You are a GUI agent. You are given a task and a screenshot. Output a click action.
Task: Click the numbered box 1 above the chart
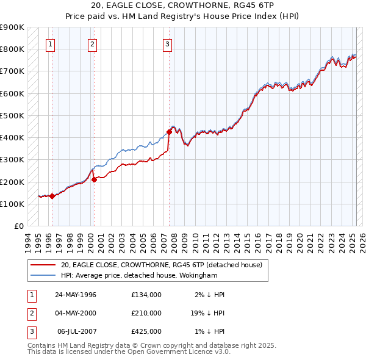pos(49,43)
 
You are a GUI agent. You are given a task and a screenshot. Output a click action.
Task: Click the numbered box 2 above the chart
pos(91,43)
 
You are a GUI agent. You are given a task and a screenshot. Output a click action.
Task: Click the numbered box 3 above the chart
pos(167,43)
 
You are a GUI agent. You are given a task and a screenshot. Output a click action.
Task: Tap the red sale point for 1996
pos(52,196)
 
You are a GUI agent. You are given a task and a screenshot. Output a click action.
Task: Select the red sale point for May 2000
pos(95,179)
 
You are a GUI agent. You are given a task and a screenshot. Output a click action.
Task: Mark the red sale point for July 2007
pos(169,131)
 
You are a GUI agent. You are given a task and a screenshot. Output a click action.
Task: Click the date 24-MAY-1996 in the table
pos(76,295)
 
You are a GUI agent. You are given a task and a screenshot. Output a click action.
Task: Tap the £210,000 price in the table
pos(146,313)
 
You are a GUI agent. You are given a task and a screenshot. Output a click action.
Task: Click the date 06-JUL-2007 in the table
pos(76,331)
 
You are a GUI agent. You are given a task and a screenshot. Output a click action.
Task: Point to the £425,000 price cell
pos(146,331)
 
